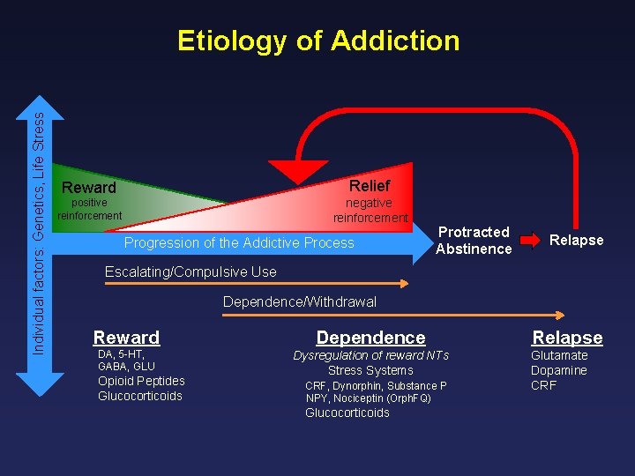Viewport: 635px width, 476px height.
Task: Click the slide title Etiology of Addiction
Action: tap(318, 41)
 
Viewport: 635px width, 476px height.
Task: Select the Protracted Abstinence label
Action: tap(474, 240)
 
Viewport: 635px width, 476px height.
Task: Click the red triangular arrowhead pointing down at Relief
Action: tap(298, 171)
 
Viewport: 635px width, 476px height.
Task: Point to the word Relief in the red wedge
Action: tap(369, 185)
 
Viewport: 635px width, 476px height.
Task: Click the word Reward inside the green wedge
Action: tap(88, 188)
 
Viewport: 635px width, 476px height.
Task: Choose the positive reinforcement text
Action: tap(89, 209)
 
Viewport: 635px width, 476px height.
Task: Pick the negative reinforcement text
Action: tap(370, 210)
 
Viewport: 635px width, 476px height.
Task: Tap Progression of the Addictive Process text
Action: tap(239, 243)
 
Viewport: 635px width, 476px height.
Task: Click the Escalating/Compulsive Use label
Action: tap(190, 271)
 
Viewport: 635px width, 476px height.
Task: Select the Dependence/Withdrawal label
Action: tap(299, 301)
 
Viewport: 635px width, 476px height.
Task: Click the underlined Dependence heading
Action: tap(370, 338)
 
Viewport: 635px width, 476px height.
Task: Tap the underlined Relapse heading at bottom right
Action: tap(567, 338)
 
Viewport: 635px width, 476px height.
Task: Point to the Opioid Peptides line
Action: tap(141, 381)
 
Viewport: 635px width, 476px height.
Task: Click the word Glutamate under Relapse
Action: tap(558, 355)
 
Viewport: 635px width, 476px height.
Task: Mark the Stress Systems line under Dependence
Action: tap(370, 370)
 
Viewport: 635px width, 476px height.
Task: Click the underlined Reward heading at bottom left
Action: tap(126, 338)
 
